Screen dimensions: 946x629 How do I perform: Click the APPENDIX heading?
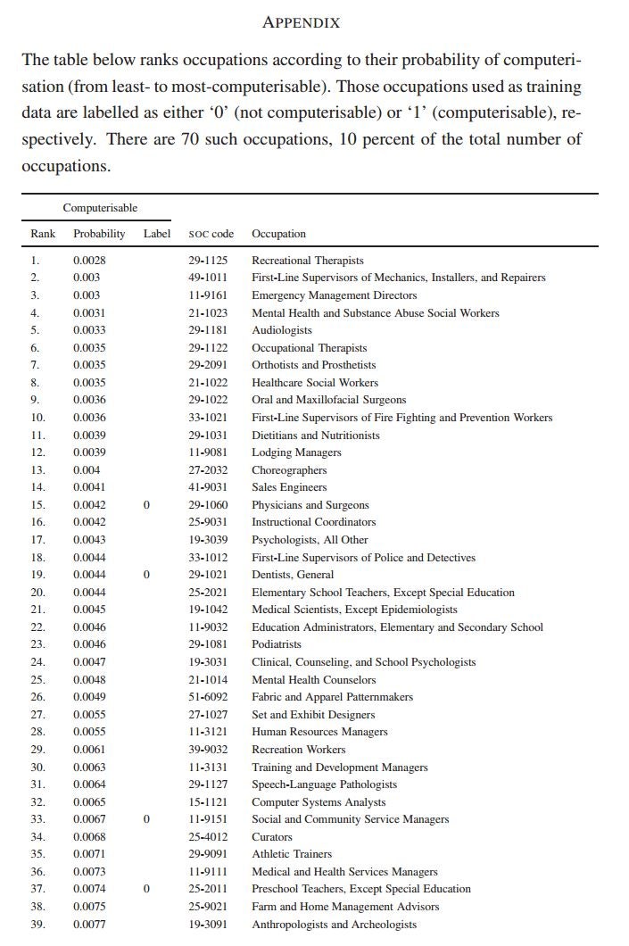coord(301,22)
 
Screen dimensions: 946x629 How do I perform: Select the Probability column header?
coord(99,234)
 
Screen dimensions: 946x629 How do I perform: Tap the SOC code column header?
coord(211,234)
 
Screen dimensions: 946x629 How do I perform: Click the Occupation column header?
coord(278,234)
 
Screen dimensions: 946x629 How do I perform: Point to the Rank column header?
coord(43,234)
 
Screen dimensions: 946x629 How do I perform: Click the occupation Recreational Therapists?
coord(308,261)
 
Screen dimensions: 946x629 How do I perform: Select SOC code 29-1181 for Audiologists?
coord(208,330)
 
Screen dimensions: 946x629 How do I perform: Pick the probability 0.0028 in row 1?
coord(89,261)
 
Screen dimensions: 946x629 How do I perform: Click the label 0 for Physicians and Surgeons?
coord(146,505)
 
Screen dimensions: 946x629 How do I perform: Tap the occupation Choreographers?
coord(289,470)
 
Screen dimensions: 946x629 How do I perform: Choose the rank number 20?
coord(37,593)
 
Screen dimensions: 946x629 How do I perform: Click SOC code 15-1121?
coord(208,802)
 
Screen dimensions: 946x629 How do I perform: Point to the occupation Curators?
coord(272,837)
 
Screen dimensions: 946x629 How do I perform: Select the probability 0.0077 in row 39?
coord(89,925)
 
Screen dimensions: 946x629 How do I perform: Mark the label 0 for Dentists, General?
coord(146,575)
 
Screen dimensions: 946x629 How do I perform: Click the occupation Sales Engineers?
coord(289,487)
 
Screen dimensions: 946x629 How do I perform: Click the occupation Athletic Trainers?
coord(292,854)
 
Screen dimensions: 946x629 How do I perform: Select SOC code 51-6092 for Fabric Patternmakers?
coord(208,697)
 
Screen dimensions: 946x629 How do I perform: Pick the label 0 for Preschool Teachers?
coord(146,889)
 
